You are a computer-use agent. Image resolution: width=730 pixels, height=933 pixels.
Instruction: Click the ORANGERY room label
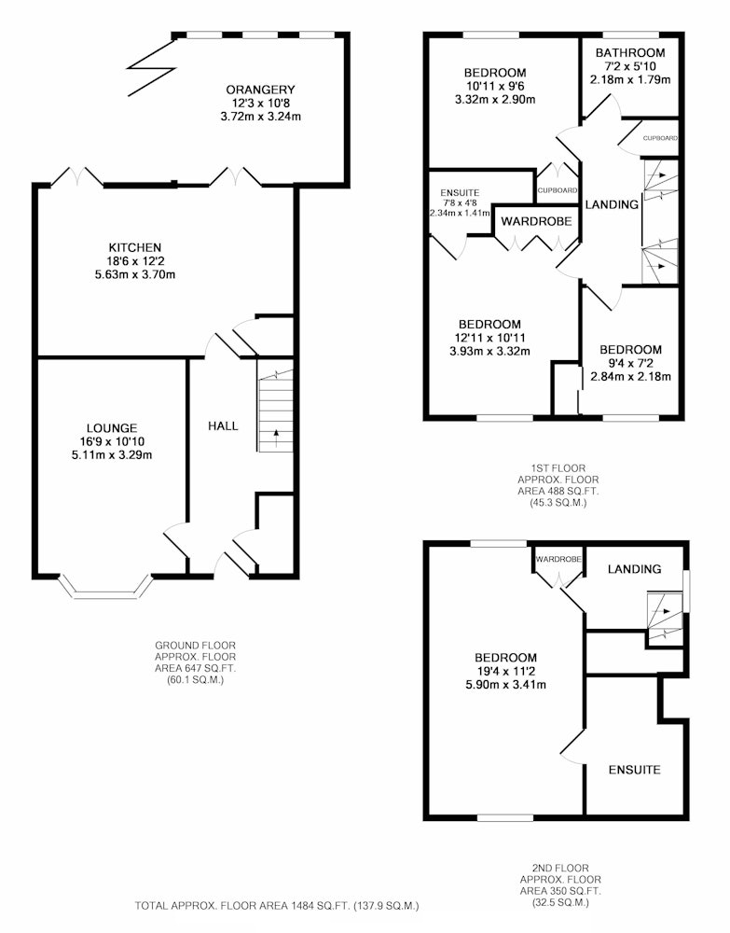tap(260, 90)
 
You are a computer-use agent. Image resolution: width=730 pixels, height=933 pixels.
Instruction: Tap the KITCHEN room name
tap(135, 247)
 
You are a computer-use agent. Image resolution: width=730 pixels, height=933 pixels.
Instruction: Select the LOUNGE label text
tap(112, 428)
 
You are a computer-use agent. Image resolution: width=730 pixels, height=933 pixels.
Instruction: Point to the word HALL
tap(223, 426)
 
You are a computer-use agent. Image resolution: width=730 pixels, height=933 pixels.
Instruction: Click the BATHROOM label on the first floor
tap(630, 53)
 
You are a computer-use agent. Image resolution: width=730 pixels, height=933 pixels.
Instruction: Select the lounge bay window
tap(104, 587)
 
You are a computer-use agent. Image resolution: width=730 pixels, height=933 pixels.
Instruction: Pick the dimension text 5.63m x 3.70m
tap(135, 275)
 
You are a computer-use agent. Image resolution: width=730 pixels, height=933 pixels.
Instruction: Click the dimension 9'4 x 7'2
tap(630, 363)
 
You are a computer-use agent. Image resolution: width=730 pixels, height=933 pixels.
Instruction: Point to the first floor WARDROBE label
tap(536, 221)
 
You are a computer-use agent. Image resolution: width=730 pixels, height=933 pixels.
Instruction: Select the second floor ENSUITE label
tap(634, 770)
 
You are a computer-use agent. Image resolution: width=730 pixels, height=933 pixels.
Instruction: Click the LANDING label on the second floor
tap(634, 569)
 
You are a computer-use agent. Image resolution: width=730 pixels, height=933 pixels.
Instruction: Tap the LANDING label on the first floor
tap(612, 204)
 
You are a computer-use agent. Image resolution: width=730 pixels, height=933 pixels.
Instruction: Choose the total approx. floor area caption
tap(277, 906)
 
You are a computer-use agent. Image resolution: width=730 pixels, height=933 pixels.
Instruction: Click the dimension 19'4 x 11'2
tap(505, 671)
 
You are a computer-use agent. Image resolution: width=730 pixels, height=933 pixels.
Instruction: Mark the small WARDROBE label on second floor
tap(558, 559)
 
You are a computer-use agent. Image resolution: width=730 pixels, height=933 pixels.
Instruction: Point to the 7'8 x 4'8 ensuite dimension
tap(460, 202)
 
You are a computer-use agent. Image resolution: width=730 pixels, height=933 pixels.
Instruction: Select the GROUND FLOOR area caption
tap(195, 662)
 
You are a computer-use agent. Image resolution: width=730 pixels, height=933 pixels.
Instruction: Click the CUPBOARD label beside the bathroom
tap(660, 138)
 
